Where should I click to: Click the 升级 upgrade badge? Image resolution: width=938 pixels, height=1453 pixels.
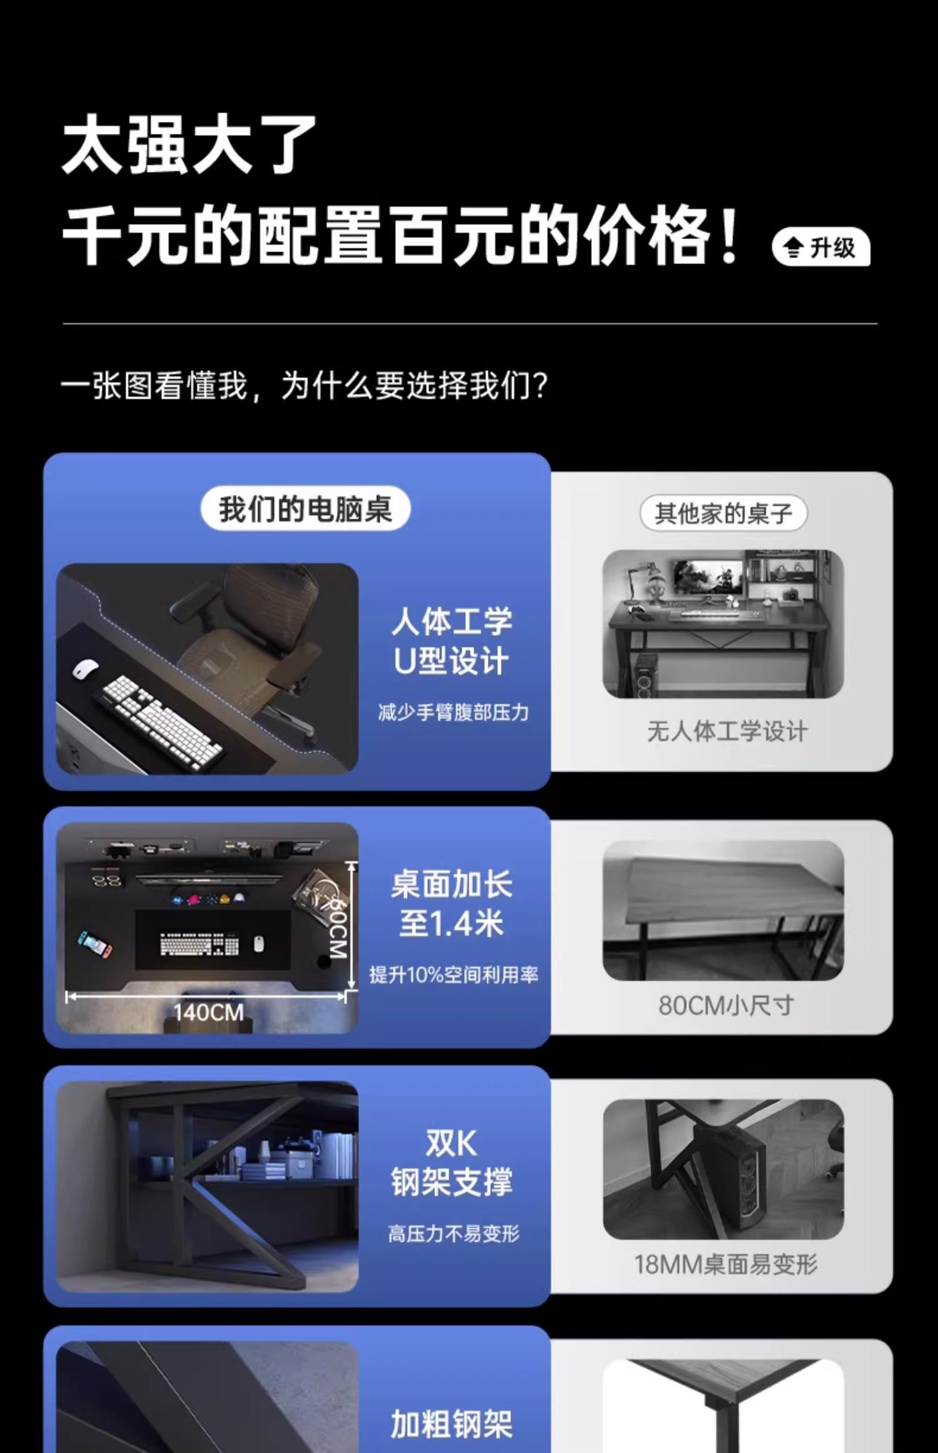pos(821,247)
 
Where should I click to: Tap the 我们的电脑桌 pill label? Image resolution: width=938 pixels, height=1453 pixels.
pos(306,509)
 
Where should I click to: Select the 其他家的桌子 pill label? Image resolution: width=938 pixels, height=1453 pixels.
pos(723,514)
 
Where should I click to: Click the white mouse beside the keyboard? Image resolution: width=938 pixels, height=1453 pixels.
pos(85,670)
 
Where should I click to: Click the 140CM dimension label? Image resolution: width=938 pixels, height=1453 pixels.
pos(208,1012)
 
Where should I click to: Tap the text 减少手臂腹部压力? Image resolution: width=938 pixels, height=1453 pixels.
pos(453,712)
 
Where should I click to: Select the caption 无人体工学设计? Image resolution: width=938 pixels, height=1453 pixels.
pos(727,731)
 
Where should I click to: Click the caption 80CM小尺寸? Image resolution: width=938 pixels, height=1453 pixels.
pos(726,1005)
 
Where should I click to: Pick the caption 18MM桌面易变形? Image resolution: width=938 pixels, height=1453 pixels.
pos(725,1264)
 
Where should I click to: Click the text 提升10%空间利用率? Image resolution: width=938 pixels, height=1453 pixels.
pos(454,975)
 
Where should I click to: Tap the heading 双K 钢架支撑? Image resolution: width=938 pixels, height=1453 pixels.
pos(452,1162)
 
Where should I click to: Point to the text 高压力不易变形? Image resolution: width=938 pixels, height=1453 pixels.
pos(454,1234)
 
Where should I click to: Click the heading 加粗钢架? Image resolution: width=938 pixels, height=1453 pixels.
pos(452,1424)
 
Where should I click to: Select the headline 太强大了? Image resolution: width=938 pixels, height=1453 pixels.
pos(189,145)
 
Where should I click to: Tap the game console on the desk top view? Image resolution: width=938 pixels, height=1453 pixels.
pos(95,944)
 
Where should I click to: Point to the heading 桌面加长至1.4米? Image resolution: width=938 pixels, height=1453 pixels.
pos(452,904)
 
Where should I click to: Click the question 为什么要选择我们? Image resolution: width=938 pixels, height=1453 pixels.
pos(414,386)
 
